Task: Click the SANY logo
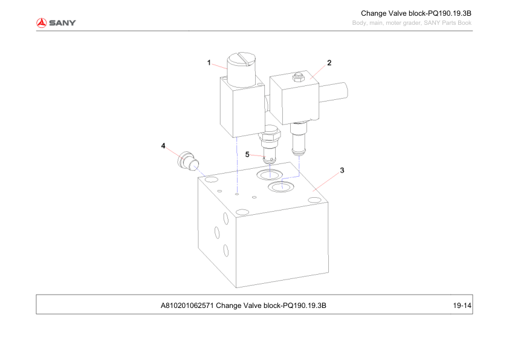[x=56, y=23]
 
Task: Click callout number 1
[x=209, y=62]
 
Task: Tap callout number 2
[x=329, y=63]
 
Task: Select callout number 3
[x=342, y=170]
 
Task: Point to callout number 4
[x=163, y=146]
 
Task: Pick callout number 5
[x=247, y=154]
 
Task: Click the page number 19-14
[x=462, y=306]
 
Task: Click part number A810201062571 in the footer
[x=187, y=306]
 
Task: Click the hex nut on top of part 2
[x=298, y=77]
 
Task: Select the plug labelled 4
[x=188, y=160]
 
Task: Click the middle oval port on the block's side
[x=217, y=232]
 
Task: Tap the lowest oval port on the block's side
[x=225, y=250]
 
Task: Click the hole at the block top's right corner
[x=314, y=200]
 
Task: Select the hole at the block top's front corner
[x=242, y=212]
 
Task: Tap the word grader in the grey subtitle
[x=412, y=23]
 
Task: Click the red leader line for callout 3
[x=326, y=182]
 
